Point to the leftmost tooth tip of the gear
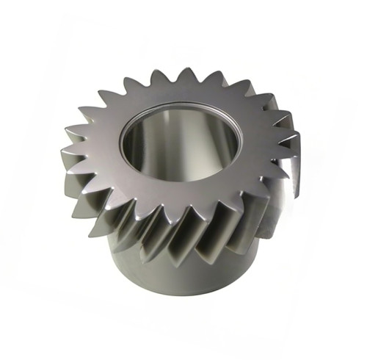click(x=62, y=151)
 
